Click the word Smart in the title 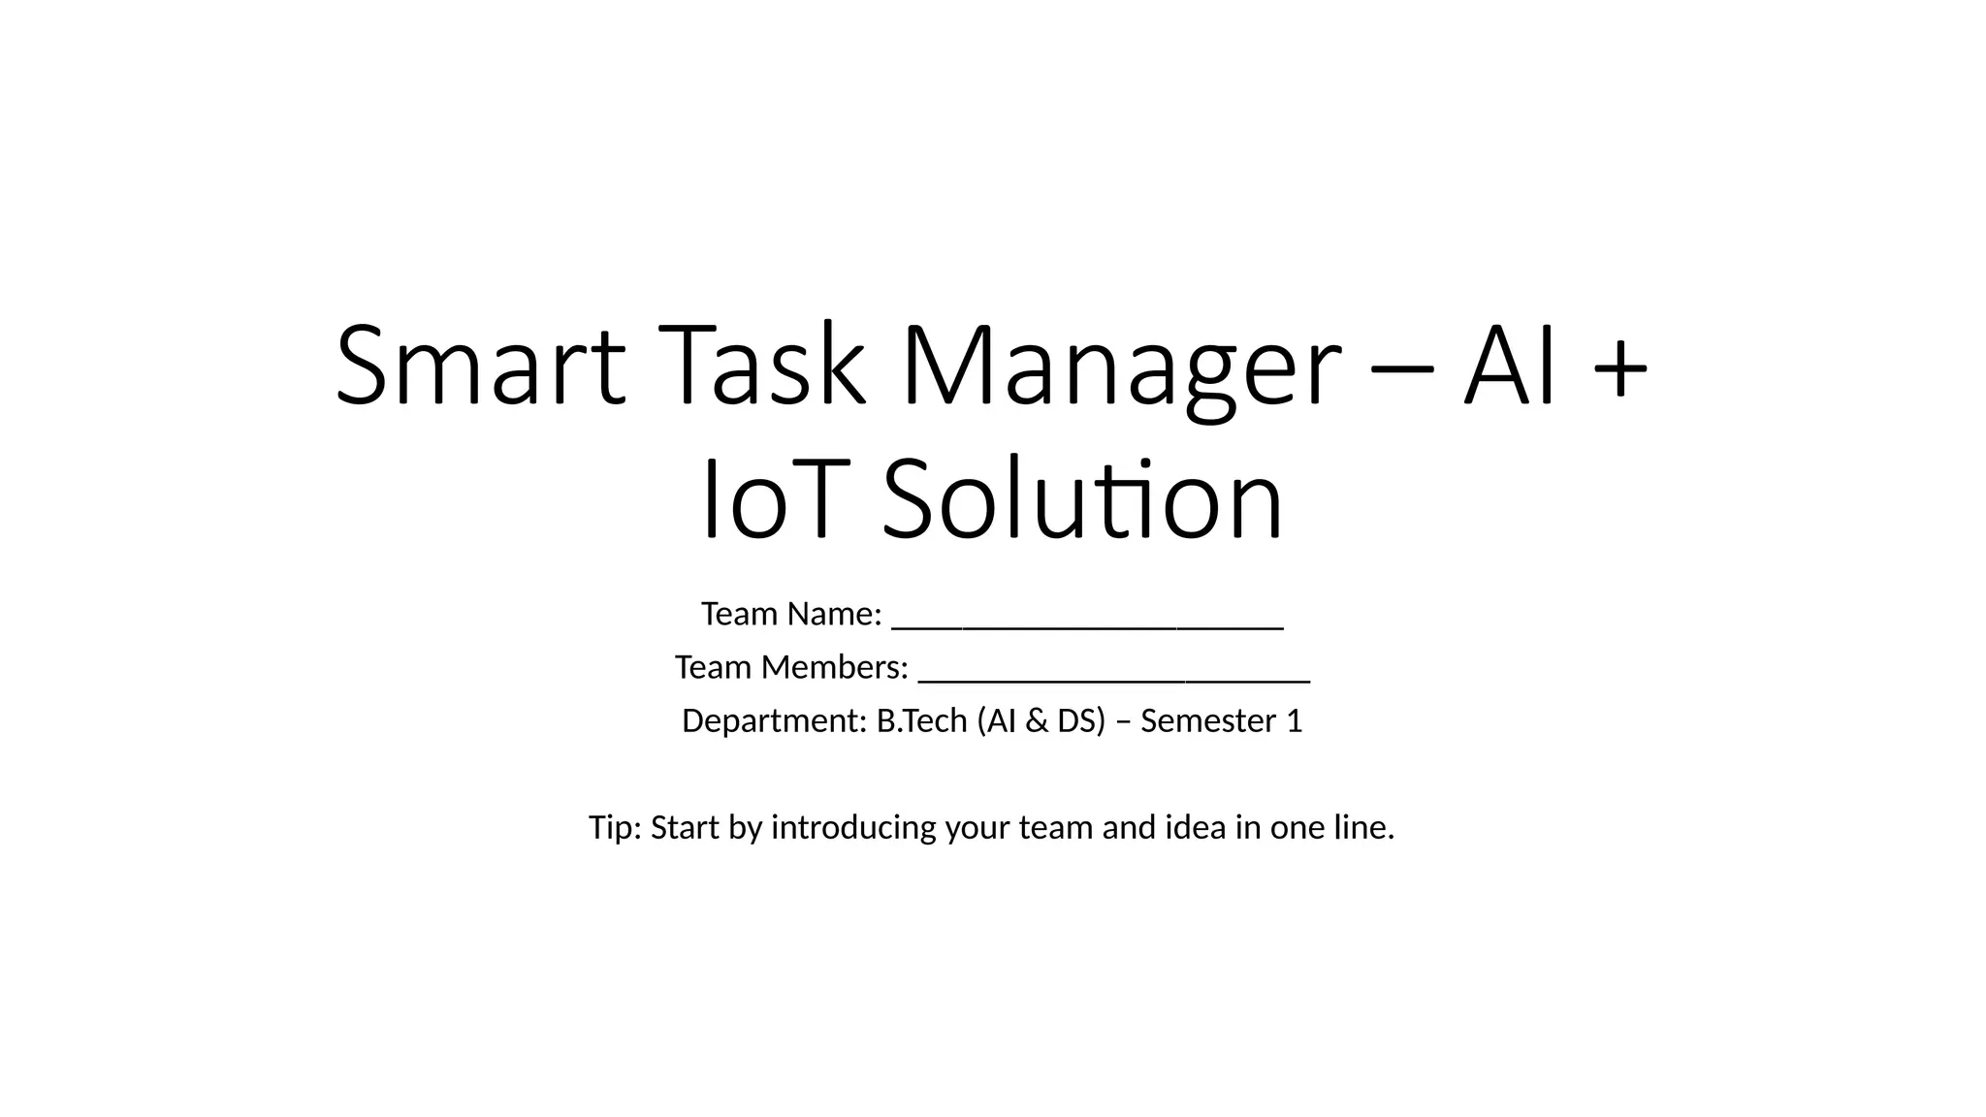pyautogui.click(x=480, y=367)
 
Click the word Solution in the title pyautogui.click(x=1082, y=500)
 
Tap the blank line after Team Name pyautogui.click(x=1087, y=626)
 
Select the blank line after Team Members pyautogui.click(x=1113, y=680)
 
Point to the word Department pyautogui.click(x=773, y=721)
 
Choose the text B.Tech pyautogui.click(x=921, y=720)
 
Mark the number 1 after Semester pyautogui.click(x=1294, y=720)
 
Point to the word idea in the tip pyautogui.click(x=1195, y=827)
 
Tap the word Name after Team pyautogui.click(x=833, y=614)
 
